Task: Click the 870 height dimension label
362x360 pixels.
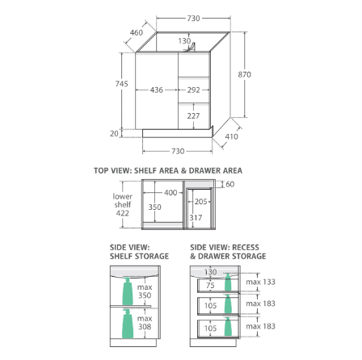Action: (244, 74)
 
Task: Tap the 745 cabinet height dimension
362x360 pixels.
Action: (121, 84)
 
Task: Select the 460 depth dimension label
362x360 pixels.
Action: (137, 32)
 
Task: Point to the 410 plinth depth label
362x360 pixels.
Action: (231, 136)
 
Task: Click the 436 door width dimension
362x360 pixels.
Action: (157, 90)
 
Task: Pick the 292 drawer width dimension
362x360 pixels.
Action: (194, 90)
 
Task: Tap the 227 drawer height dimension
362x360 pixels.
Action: (193, 115)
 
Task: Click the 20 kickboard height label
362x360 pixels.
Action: (114, 133)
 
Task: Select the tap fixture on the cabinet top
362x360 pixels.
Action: (191, 47)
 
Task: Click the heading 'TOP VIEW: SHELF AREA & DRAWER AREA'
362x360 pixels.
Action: (168, 170)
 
